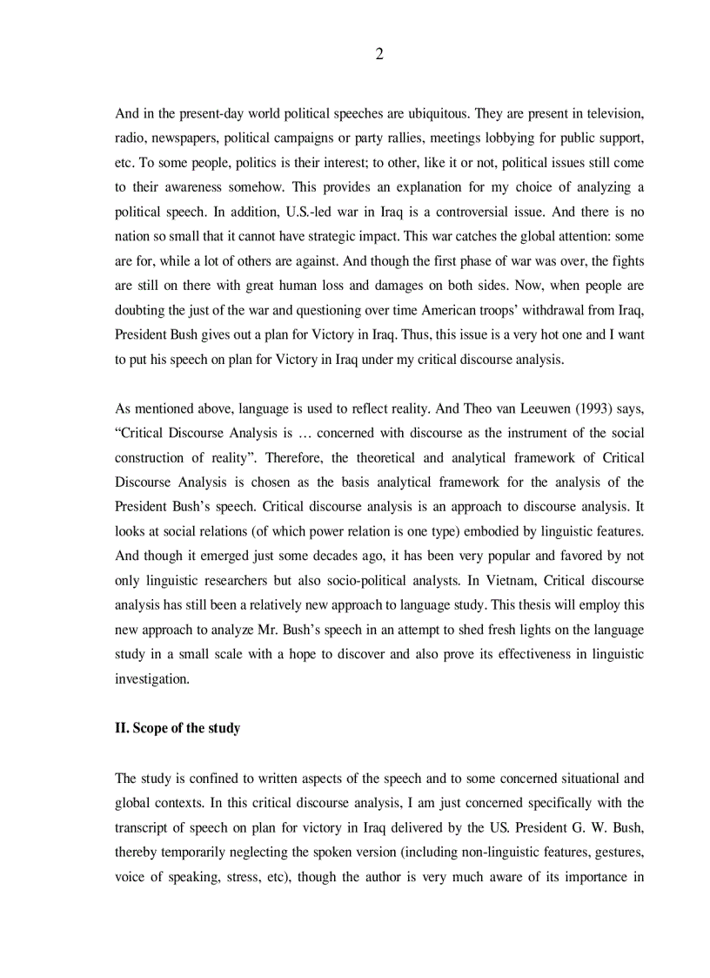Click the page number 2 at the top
378,55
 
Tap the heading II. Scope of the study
177,728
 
